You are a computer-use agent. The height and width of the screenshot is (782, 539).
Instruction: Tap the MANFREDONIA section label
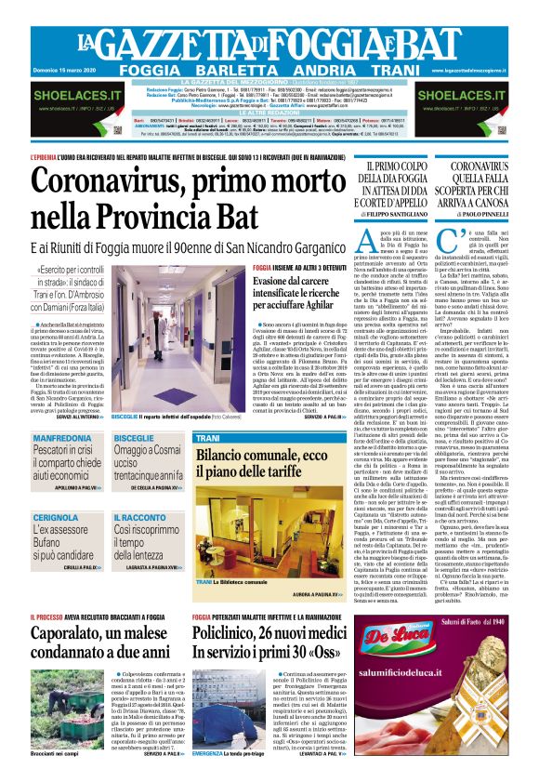pyautogui.click(x=61, y=437)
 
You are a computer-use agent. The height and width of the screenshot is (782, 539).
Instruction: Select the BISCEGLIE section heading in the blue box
pyautogui.click(x=134, y=437)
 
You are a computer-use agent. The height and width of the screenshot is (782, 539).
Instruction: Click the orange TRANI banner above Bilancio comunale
pyautogui.click(x=208, y=436)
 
